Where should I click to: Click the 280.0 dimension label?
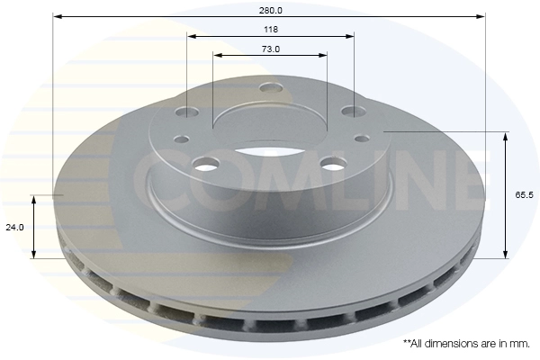click(270, 10)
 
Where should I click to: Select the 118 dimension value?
click(271, 30)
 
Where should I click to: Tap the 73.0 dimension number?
click(271, 49)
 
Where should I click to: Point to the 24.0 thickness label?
click(14, 228)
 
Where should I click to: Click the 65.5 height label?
click(524, 195)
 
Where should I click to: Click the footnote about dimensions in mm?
click(466, 344)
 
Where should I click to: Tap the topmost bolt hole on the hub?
click(271, 87)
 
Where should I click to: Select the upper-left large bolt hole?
click(187, 112)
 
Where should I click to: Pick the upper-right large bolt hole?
click(354, 111)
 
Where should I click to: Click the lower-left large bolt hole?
click(207, 163)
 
